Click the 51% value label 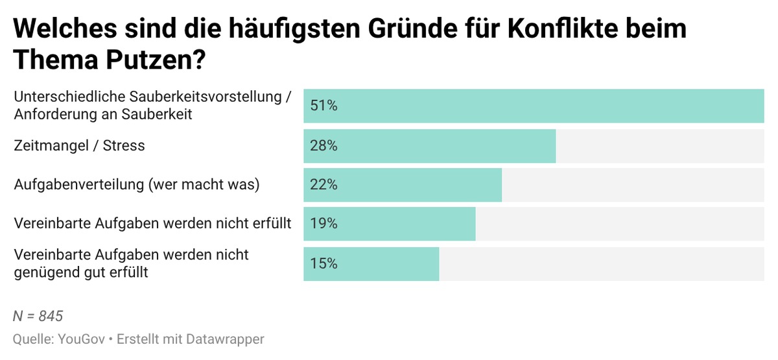point(324,106)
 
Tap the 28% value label point(324,146)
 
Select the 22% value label point(324,185)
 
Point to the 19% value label point(324,224)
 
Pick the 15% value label point(324,263)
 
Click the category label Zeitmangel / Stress point(79,146)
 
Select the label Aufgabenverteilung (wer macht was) point(137,185)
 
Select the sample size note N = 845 point(38,317)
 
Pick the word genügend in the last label point(43,272)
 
